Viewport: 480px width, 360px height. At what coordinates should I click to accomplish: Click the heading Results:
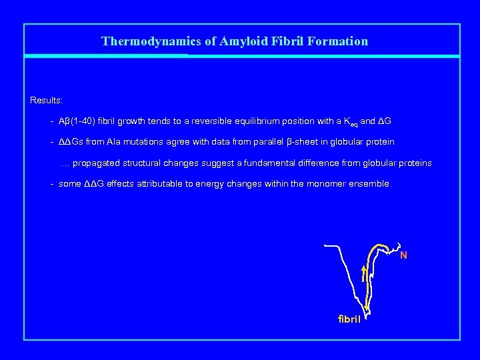tap(47, 100)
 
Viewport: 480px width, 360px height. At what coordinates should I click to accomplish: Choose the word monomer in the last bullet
tap(327, 183)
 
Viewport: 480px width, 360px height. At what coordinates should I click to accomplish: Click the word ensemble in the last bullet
tap(369, 183)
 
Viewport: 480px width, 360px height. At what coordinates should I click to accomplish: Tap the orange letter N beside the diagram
tap(403, 255)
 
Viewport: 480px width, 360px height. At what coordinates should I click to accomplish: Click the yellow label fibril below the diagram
tap(349, 319)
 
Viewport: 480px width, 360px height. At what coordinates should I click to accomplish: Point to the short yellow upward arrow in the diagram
tap(363, 274)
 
